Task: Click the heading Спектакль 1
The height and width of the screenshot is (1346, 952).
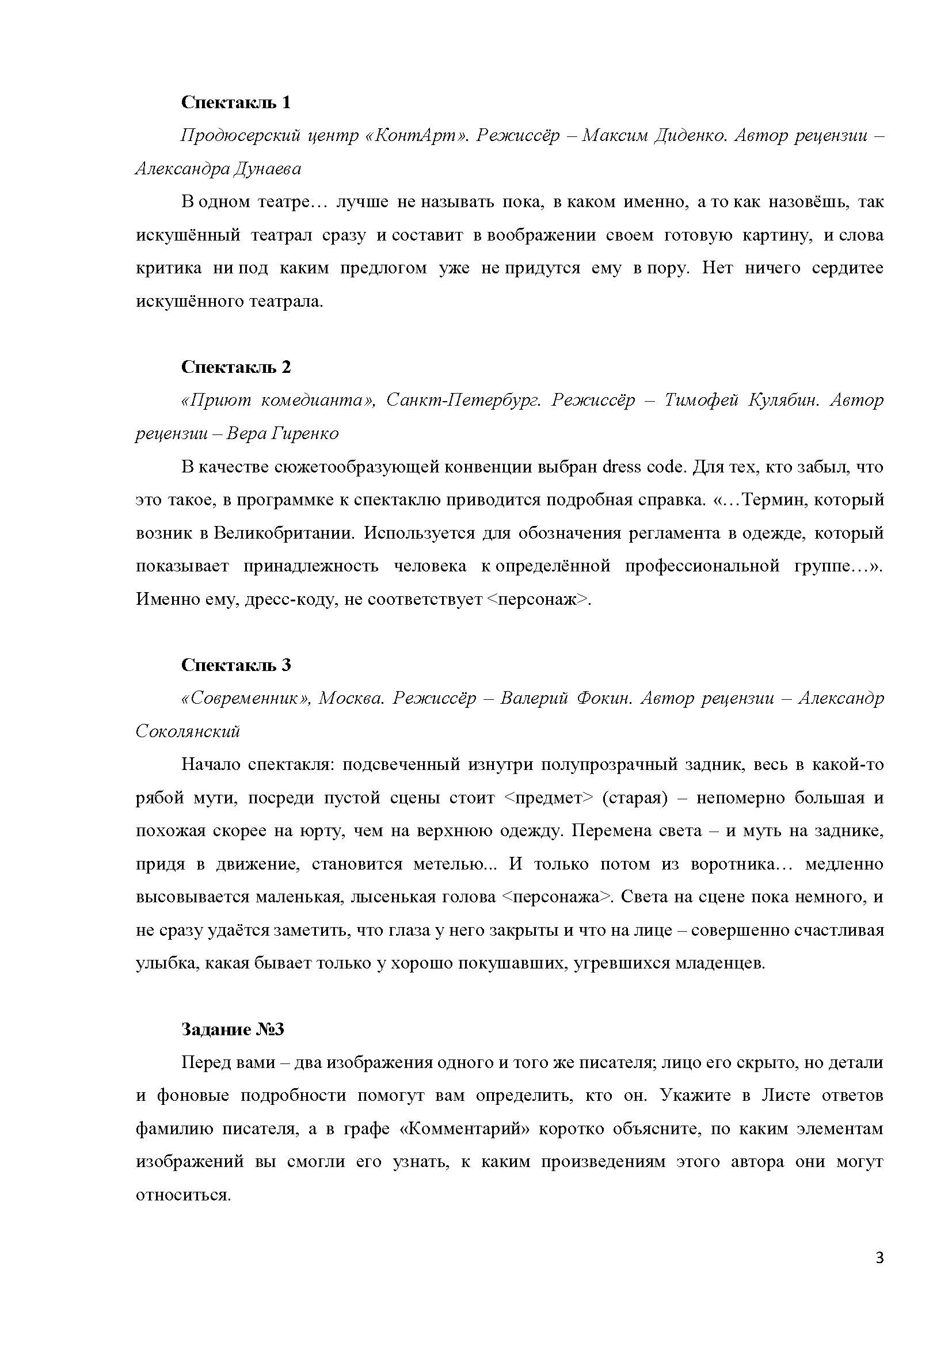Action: pyautogui.click(x=235, y=102)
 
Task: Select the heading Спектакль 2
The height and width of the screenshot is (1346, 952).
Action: pyautogui.click(x=235, y=367)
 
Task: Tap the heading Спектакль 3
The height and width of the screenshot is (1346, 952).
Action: pyautogui.click(x=235, y=665)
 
